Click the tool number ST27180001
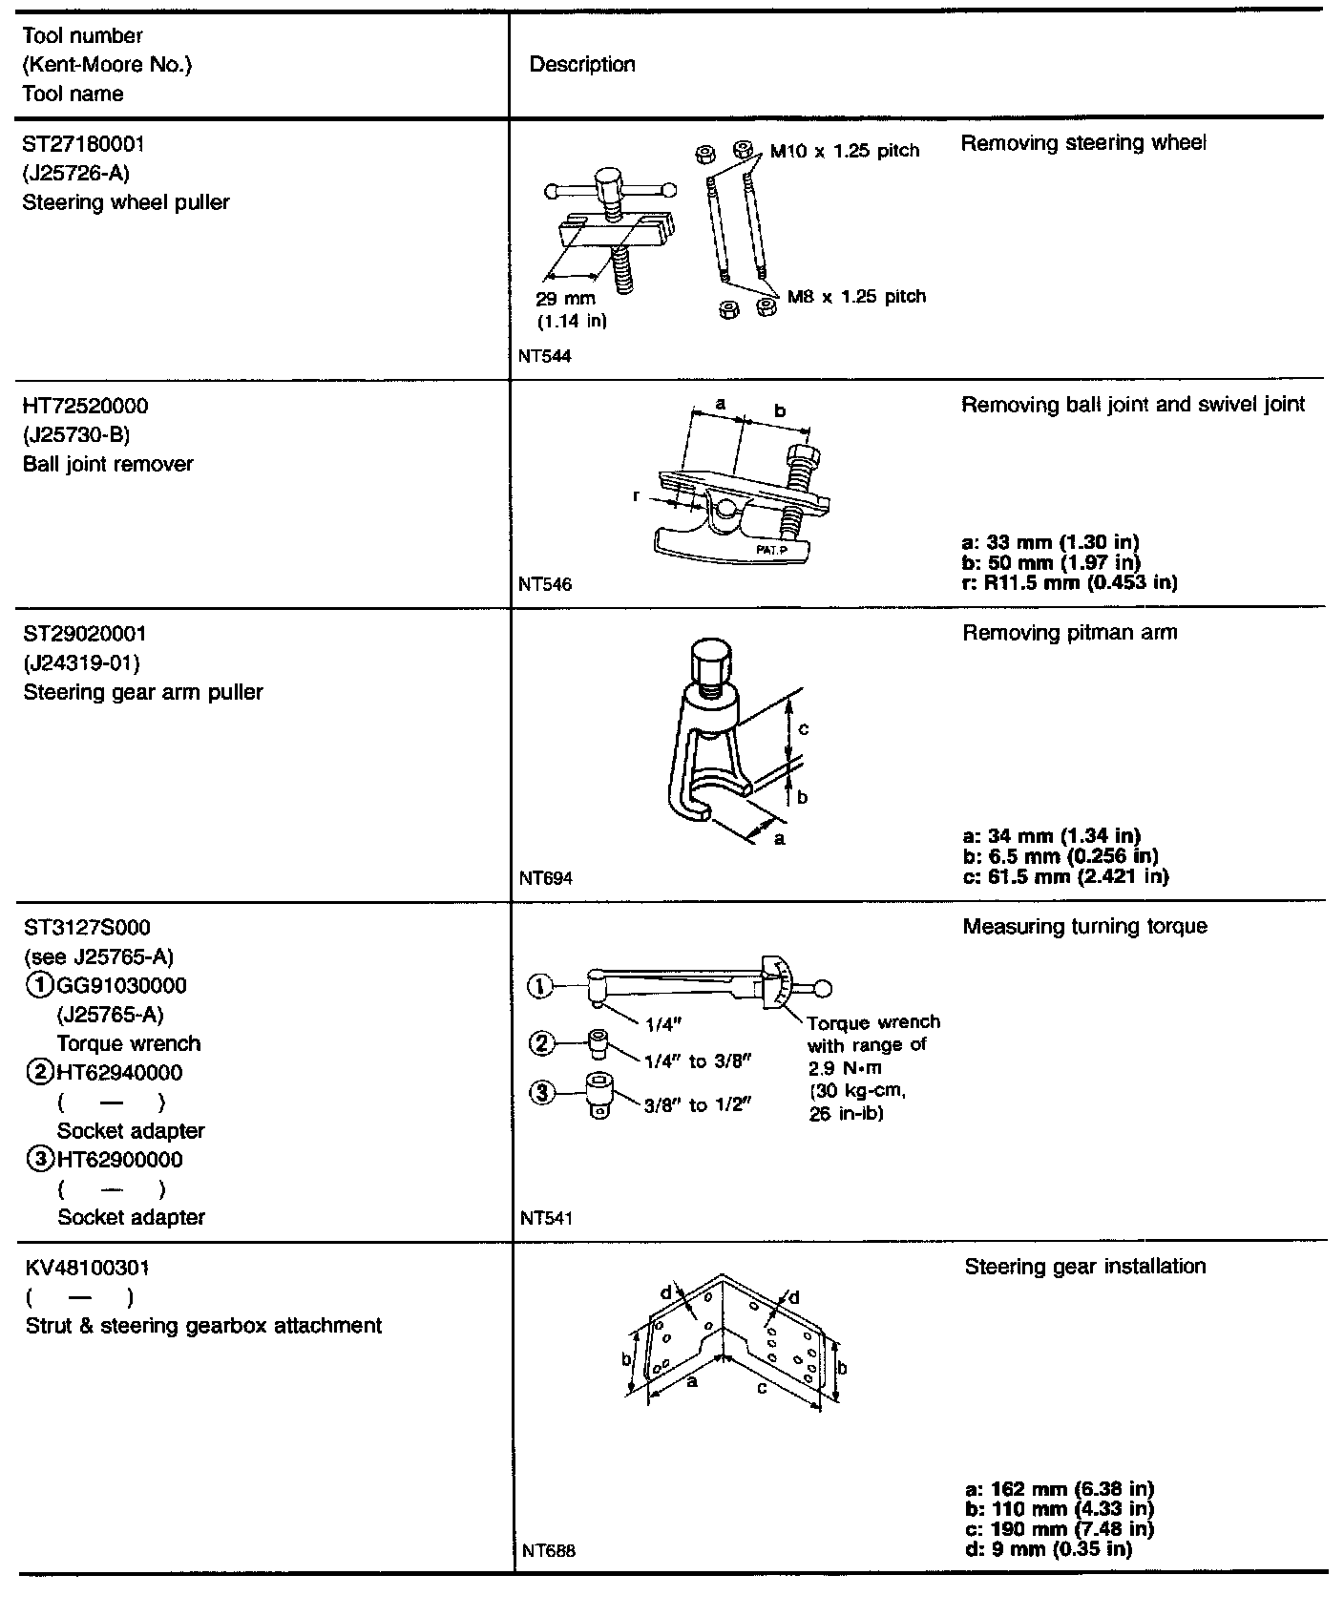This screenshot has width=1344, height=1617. pos(83,144)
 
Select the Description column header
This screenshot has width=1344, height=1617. pos(581,65)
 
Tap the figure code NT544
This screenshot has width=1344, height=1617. pos(545,356)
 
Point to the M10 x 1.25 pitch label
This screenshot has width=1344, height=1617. pos(844,151)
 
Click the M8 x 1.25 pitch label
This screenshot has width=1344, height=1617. pos(856,297)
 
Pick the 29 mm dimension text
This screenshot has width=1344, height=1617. pos(565,299)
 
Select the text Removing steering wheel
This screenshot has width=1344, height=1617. pos(1083,143)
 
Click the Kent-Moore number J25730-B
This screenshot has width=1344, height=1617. pos(76,435)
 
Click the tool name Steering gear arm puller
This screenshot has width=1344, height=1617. pos(143,692)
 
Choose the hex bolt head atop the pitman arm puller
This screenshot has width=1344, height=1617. pos(710,659)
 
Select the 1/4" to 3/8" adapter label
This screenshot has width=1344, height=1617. pos(699,1060)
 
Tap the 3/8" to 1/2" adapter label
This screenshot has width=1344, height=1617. pos(699,1105)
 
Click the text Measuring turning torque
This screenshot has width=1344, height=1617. pos(1084,927)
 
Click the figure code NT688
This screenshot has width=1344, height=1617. pos(549,1550)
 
